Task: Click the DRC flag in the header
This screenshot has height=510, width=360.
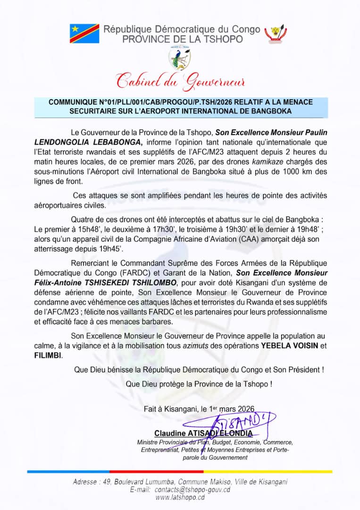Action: click(84, 33)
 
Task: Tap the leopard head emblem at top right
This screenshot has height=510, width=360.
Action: click(276, 33)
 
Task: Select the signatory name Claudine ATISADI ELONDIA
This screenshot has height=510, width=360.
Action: click(203, 433)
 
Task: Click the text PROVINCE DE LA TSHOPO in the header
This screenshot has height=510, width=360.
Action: click(183, 39)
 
